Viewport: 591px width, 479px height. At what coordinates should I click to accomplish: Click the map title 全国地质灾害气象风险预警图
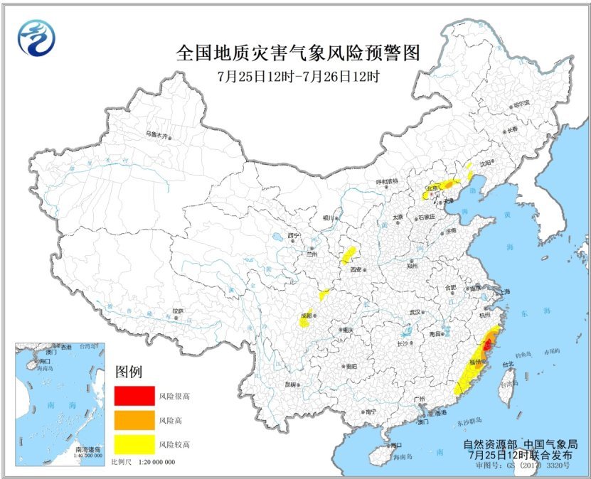(x=298, y=53)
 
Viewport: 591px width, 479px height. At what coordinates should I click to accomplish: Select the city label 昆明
(x=289, y=384)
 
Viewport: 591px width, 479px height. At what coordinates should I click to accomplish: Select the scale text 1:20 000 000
(x=153, y=462)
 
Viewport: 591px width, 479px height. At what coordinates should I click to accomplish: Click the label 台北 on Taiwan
(x=508, y=365)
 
